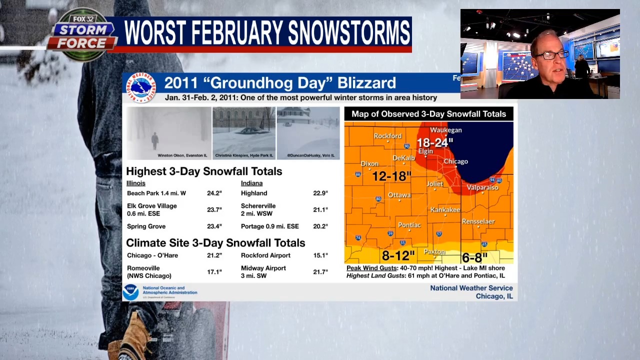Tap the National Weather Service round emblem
pos(141,88)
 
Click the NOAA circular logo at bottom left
pos(130,292)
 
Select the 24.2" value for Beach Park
pos(214,193)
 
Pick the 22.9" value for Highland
pos(320,193)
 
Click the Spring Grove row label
pos(146,226)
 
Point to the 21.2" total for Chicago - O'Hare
pos(214,255)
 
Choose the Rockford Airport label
pos(265,255)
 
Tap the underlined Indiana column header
pos(251,183)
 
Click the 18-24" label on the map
pos(434,142)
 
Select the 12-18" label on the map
pos(391,176)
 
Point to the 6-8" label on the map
pos(474,257)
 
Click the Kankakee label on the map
pos(445,210)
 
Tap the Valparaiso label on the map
pos(482,187)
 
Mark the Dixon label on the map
pos(369,163)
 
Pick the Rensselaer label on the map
pos(478,221)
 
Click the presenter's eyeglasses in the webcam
pos(553,54)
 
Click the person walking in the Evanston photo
pos(155,141)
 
